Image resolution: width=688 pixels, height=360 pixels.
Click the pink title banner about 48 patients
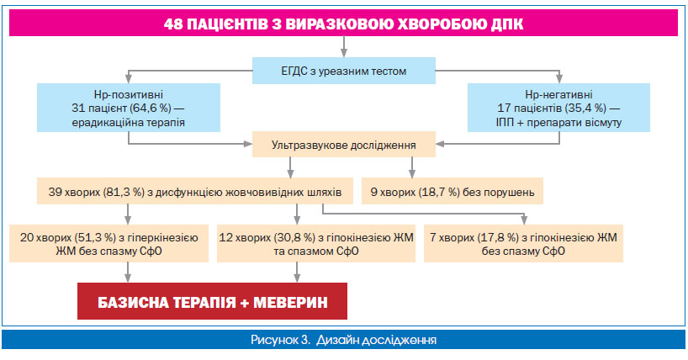[x=343, y=23]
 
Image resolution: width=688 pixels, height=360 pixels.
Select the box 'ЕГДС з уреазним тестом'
[x=343, y=71]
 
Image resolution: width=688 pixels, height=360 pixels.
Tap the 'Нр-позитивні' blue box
[x=129, y=108]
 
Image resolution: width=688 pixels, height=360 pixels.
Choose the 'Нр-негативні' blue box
[x=558, y=108]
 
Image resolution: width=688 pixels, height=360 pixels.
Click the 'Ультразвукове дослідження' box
[x=343, y=145]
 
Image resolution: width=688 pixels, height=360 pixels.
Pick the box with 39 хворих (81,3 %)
[x=195, y=191]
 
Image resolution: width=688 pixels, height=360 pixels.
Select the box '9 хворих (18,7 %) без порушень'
[x=452, y=191]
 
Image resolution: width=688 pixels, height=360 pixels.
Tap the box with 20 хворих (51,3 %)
[x=108, y=244]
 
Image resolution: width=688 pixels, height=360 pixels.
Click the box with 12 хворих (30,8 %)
[x=316, y=244]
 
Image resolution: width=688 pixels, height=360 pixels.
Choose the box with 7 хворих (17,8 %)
[x=523, y=244]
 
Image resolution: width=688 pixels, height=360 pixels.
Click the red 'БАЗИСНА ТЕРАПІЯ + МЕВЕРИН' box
[x=212, y=301]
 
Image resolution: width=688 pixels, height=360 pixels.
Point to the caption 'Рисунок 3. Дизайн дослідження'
[x=343, y=340]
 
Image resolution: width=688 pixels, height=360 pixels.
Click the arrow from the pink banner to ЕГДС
[x=343, y=46]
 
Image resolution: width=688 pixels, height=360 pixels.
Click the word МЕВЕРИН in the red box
[x=290, y=303]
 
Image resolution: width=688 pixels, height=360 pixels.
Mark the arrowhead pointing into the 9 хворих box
[x=411, y=174]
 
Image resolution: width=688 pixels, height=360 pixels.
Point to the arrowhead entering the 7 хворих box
[x=523, y=220]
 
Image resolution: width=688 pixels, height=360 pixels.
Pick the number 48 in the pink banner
[x=173, y=24]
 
